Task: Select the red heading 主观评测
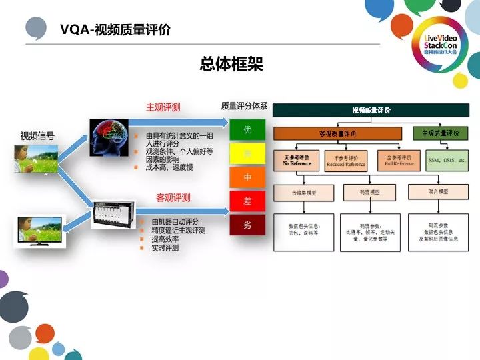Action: pyautogui.click(x=163, y=107)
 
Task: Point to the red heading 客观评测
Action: pyautogui.click(x=173, y=197)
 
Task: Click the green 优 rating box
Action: pyautogui.click(x=247, y=130)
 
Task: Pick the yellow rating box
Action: pyautogui.click(x=247, y=155)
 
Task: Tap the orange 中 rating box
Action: pyautogui.click(x=247, y=177)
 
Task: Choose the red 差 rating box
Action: pyautogui.click(x=247, y=201)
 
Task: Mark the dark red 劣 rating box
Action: pyautogui.click(x=247, y=225)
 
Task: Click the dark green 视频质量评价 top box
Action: pyautogui.click(x=371, y=110)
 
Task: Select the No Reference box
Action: pyautogui.click(x=297, y=161)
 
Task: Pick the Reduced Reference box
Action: pyautogui.click(x=345, y=161)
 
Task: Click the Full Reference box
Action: pyautogui.click(x=399, y=161)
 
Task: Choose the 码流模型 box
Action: pyautogui.click(x=371, y=192)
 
